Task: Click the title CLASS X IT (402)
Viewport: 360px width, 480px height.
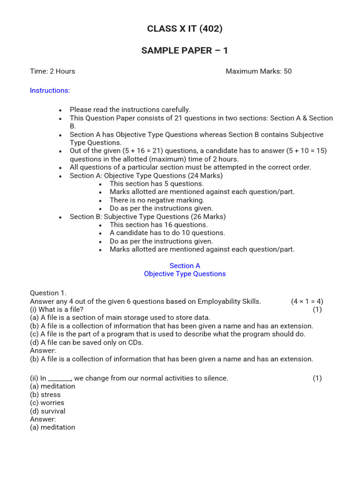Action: (185, 29)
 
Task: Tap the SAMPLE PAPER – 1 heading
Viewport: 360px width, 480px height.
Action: (185, 51)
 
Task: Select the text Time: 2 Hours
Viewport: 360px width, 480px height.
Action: (52, 71)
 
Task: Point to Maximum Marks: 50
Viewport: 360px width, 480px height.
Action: (258, 71)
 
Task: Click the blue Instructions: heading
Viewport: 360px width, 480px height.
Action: (50, 90)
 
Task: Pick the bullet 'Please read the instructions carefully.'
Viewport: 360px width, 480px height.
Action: (130, 110)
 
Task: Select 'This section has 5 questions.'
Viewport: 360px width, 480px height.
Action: (157, 184)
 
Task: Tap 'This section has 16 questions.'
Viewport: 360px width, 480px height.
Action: (158, 225)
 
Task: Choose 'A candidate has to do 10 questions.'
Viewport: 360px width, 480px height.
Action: (167, 233)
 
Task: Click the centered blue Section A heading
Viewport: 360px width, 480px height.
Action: (185, 266)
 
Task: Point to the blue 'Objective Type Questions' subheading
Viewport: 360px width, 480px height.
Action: (185, 274)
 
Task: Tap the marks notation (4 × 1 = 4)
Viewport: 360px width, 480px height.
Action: (307, 301)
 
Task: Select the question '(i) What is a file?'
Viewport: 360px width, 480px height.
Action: (57, 309)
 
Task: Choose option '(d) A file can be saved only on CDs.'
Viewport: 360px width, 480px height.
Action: (87, 342)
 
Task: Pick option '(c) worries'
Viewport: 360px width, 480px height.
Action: (47, 403)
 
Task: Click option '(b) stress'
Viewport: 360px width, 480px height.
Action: (45, 395)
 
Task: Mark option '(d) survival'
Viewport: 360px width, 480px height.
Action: (47, 411)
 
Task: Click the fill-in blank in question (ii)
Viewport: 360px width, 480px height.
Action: (60, 379)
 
